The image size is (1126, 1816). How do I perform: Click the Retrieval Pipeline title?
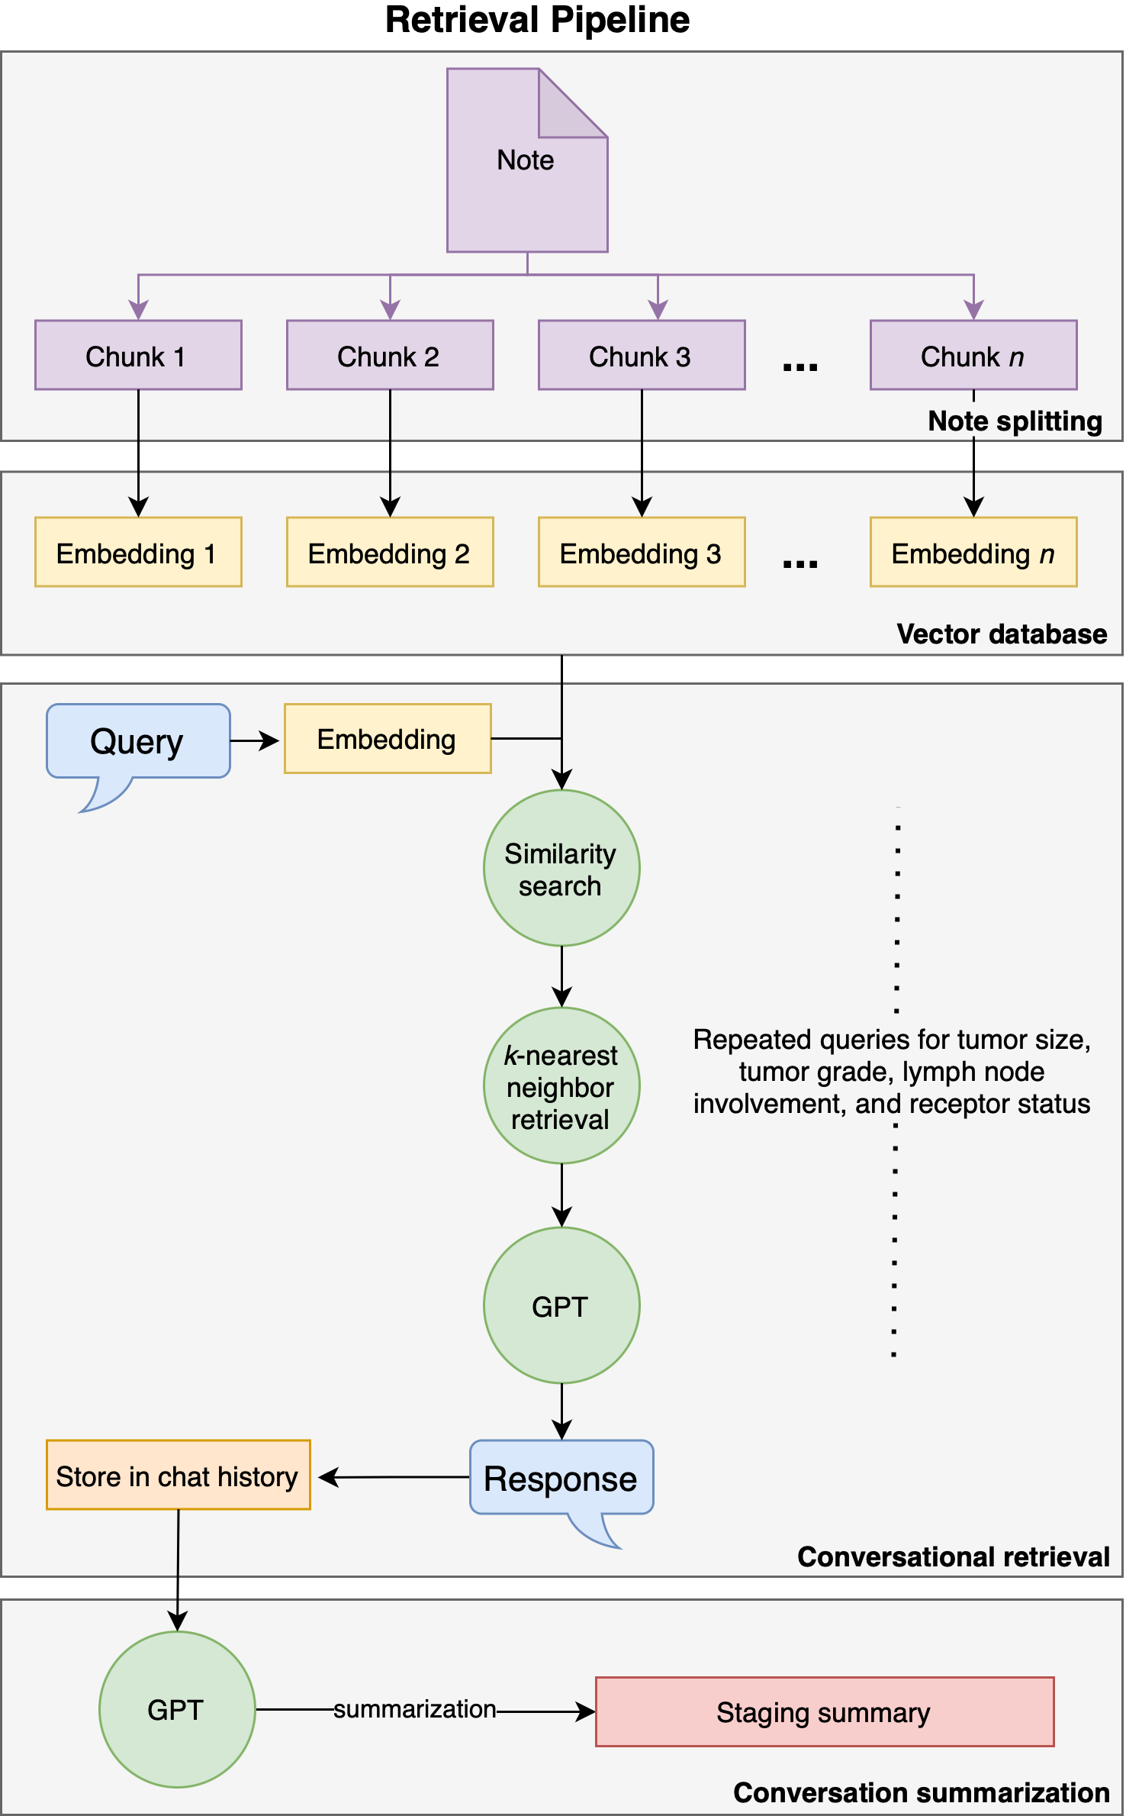[537, 20]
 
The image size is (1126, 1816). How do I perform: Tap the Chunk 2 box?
[390, 356]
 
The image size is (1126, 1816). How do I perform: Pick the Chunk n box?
[973, 356]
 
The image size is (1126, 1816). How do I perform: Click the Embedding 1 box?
[138, 553]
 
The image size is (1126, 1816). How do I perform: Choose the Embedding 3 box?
[642, 553]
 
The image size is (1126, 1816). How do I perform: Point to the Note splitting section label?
[1015, 421]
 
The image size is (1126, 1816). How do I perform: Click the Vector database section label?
[1001, 634]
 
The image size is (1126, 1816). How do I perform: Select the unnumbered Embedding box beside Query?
[388, 739]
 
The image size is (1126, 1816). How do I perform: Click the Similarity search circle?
[561, 869]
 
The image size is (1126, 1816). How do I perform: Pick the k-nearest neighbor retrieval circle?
[561, 1086]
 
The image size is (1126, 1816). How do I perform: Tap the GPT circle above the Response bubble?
[561, 1306]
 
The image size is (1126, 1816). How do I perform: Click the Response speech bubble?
[561, 1479]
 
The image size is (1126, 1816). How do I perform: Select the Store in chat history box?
[178, 1476]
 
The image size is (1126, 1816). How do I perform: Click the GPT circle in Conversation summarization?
[177, 1710]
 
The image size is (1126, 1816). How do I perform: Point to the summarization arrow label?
[415, 1709]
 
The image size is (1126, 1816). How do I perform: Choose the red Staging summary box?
[824, 1712]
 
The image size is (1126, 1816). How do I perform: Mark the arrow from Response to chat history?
[393, 1478]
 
